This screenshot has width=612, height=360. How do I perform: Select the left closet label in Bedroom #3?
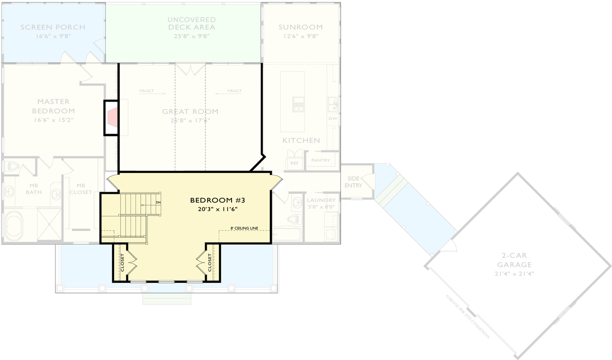[122, 263]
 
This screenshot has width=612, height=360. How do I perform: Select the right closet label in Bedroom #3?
[210, 263]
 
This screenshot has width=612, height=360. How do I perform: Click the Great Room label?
[190, 111]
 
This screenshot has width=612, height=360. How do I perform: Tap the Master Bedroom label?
[53, 106]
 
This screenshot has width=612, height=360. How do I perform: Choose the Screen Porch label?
[53, 27]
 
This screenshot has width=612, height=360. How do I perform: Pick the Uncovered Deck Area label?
[191, 23]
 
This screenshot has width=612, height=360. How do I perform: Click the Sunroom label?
[300, 27]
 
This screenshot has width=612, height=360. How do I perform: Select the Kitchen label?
[301, 140]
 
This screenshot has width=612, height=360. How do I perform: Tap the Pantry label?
[321, 160]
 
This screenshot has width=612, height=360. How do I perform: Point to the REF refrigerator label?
[294, 163]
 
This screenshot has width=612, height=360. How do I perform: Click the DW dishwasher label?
[333, 118]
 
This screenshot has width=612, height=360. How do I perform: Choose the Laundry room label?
[321, 200]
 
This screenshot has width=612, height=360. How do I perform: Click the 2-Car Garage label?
[517, 260]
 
